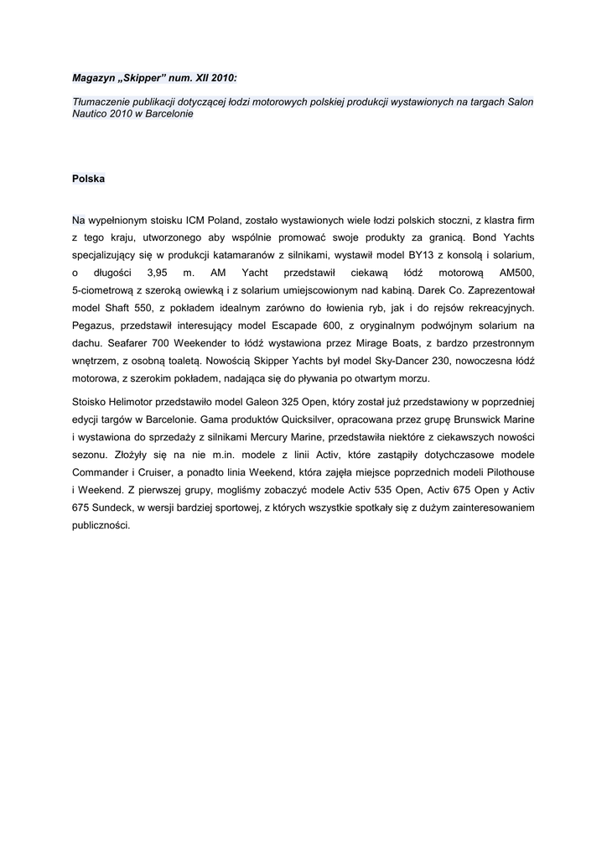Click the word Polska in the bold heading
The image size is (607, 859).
coord(88,179)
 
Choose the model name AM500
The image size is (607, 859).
coord(516,272)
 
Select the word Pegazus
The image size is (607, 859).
coord(94,325)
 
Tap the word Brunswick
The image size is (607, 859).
coord(475,419)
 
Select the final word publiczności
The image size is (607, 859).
coord(101,525)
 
